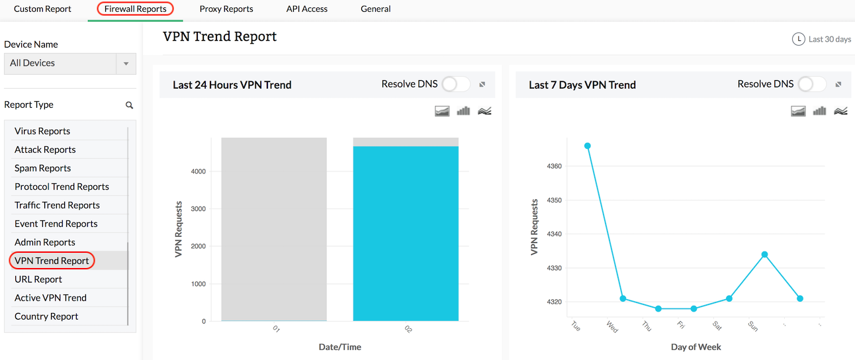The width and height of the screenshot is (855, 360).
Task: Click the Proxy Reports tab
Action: coord(226,9)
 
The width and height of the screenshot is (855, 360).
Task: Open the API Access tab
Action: coord(306,9)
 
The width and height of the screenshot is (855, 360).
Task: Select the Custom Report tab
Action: coord(42,9)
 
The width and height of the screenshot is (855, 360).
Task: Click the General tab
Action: coord(375,9)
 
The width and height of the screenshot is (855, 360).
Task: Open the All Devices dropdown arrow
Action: coord(126,64)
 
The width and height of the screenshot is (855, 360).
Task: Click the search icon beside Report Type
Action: coord(130,105)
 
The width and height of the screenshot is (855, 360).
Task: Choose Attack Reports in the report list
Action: coord(45,150)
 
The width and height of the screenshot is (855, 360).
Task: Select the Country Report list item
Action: coord(46,316)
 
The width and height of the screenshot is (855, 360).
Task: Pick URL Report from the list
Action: coord(38,279)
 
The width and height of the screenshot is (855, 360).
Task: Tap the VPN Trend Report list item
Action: coord(52,261)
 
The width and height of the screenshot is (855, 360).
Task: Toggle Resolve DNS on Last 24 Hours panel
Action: coord(456,84)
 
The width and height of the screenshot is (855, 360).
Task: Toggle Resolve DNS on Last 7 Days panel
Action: coord(812,84)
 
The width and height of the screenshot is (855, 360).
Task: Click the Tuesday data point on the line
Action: coord(588,146)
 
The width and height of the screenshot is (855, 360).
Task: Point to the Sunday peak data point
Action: coord(764,254)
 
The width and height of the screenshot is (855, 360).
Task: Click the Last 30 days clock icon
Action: coord(799,39)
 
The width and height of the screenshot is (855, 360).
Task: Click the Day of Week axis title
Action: coord(696,347)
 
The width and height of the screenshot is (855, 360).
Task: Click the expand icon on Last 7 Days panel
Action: coord(838,85)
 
